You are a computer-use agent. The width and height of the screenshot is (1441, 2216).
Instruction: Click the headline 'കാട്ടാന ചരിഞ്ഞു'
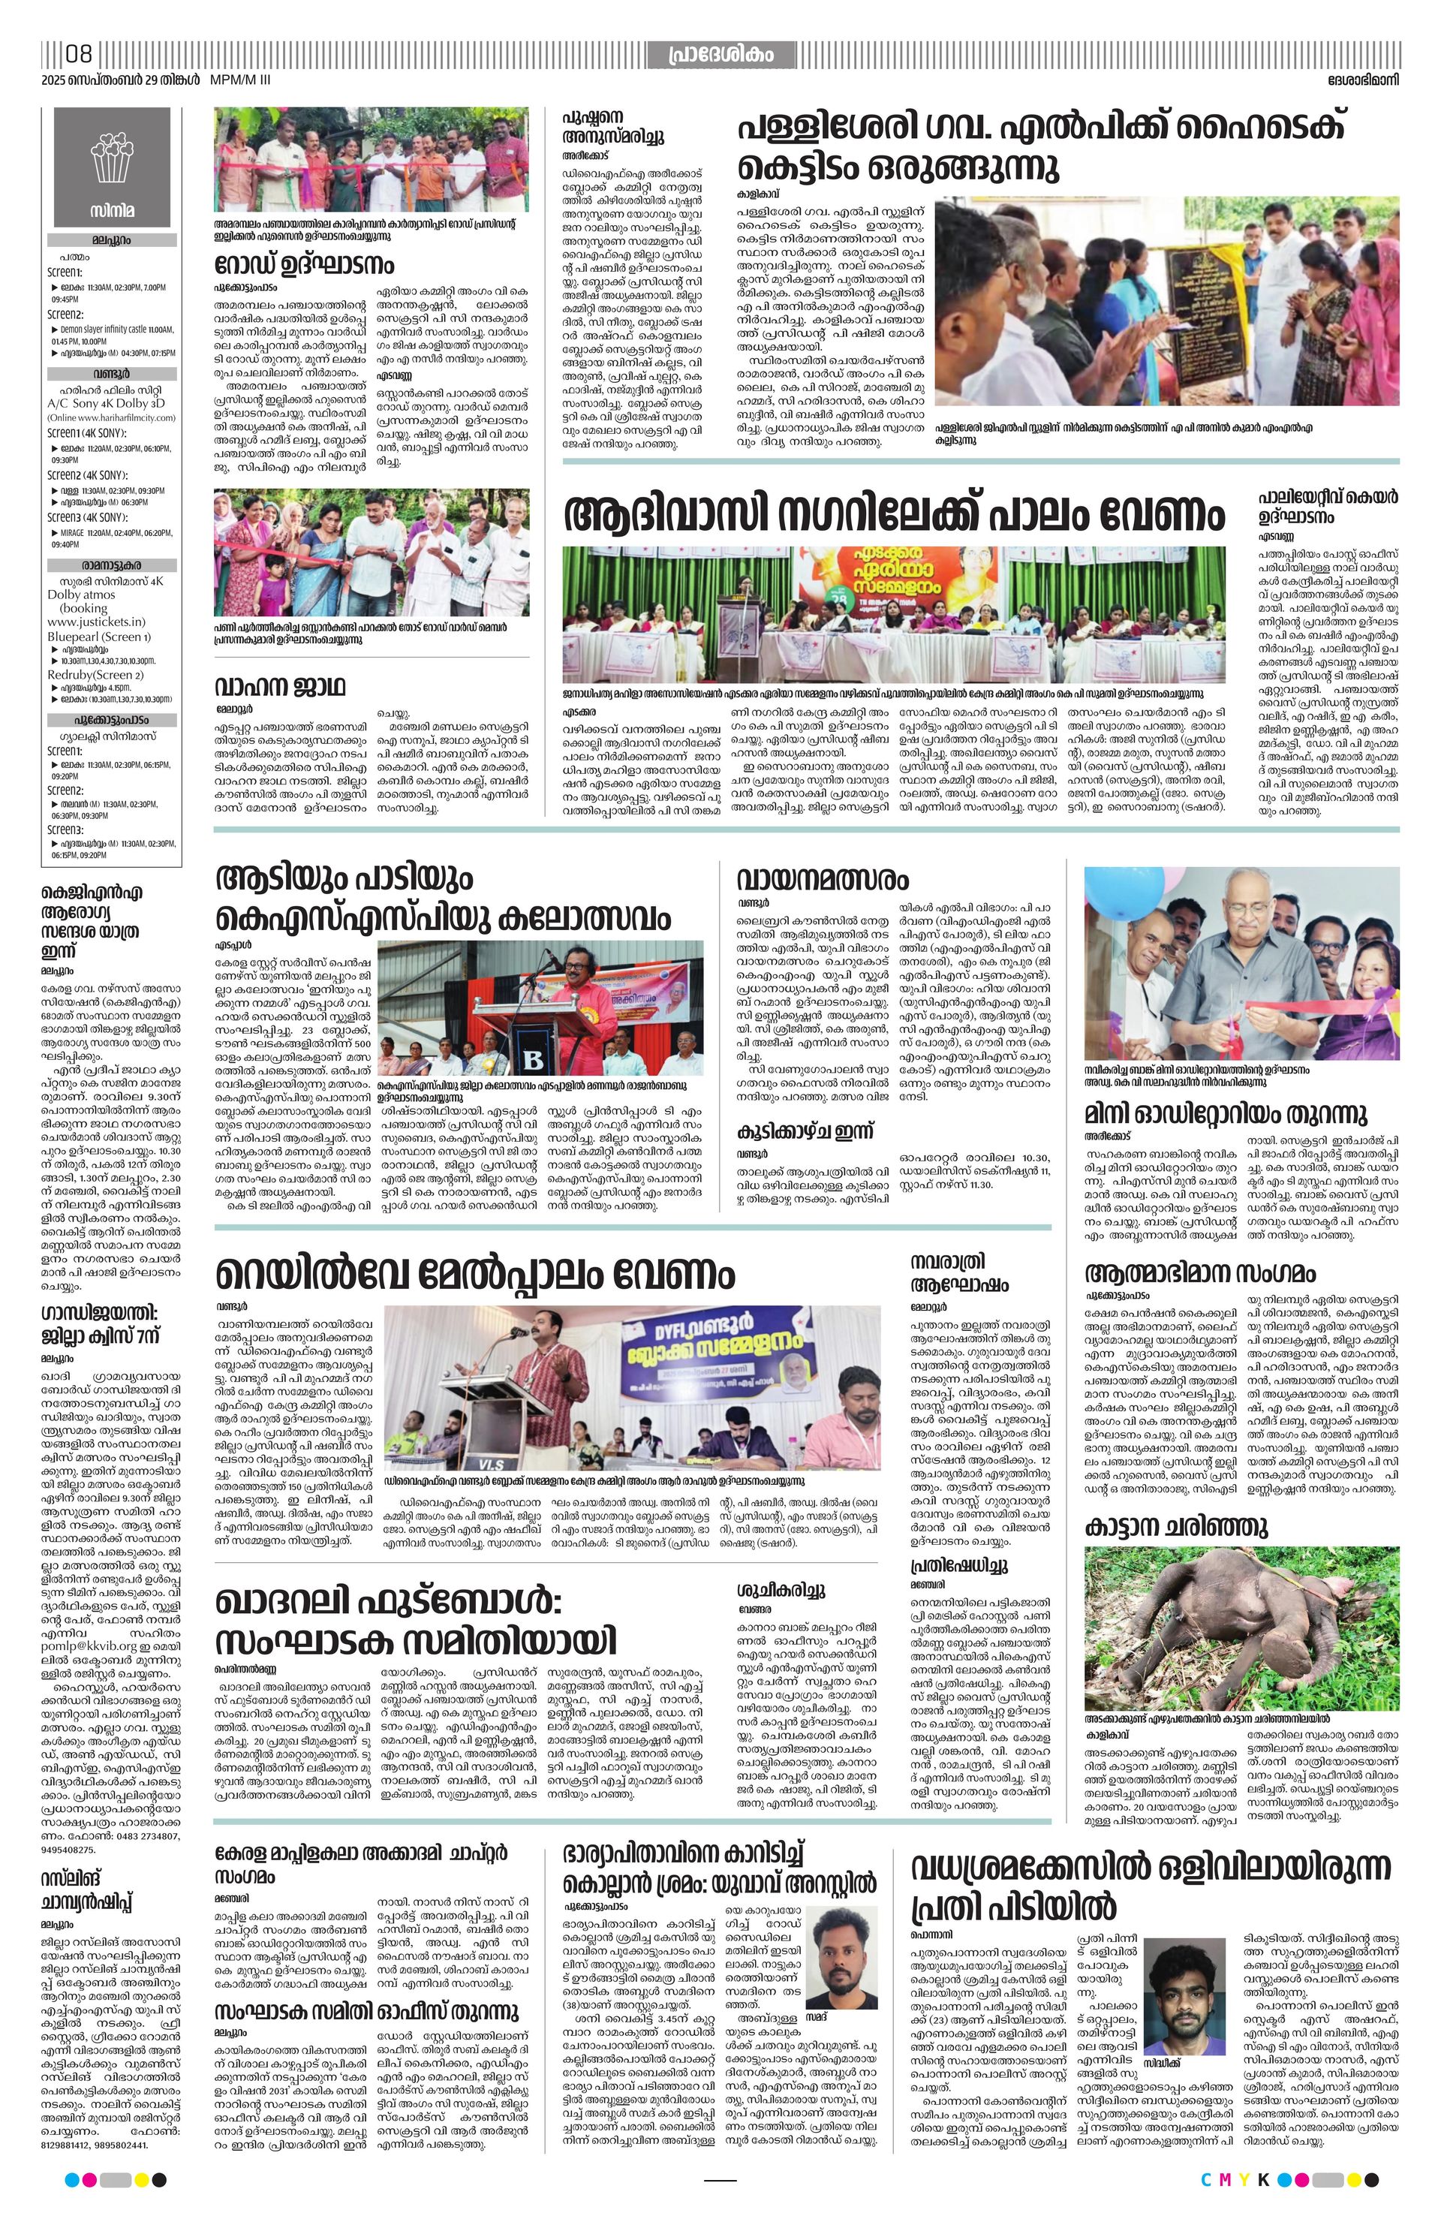point(1176,1527)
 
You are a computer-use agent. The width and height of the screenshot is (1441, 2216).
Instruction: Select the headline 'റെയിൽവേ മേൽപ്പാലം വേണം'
point(476,1273)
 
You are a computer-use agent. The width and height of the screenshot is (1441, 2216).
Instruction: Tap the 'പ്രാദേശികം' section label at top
point(720,55)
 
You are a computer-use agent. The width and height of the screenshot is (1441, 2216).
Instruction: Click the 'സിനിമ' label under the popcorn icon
point(112,210)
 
